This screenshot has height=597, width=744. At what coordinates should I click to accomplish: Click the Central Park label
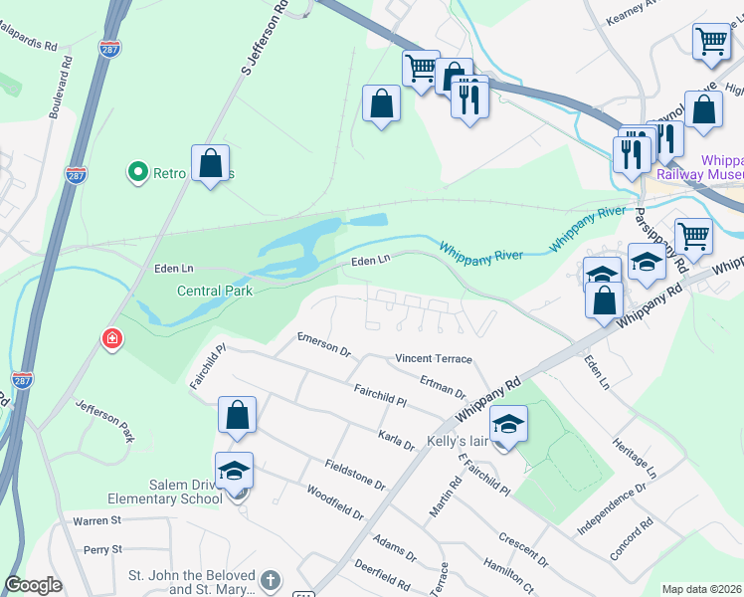[215, 291]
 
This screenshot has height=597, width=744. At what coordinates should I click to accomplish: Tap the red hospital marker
[113, 338]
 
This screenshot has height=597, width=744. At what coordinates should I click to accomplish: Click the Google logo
[34, 585]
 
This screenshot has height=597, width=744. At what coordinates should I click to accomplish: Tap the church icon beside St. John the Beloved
[270, 579]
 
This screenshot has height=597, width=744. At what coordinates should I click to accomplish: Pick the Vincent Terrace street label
[433, 358]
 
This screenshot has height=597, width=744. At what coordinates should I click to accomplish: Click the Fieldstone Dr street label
[354, 475]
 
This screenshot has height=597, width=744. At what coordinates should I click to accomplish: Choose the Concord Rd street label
[633, 537]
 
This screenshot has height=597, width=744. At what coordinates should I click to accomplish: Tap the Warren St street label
[96, 519]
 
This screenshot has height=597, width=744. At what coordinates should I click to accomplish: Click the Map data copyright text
[702, 589]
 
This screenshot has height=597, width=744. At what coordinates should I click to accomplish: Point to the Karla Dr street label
[396, 439]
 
